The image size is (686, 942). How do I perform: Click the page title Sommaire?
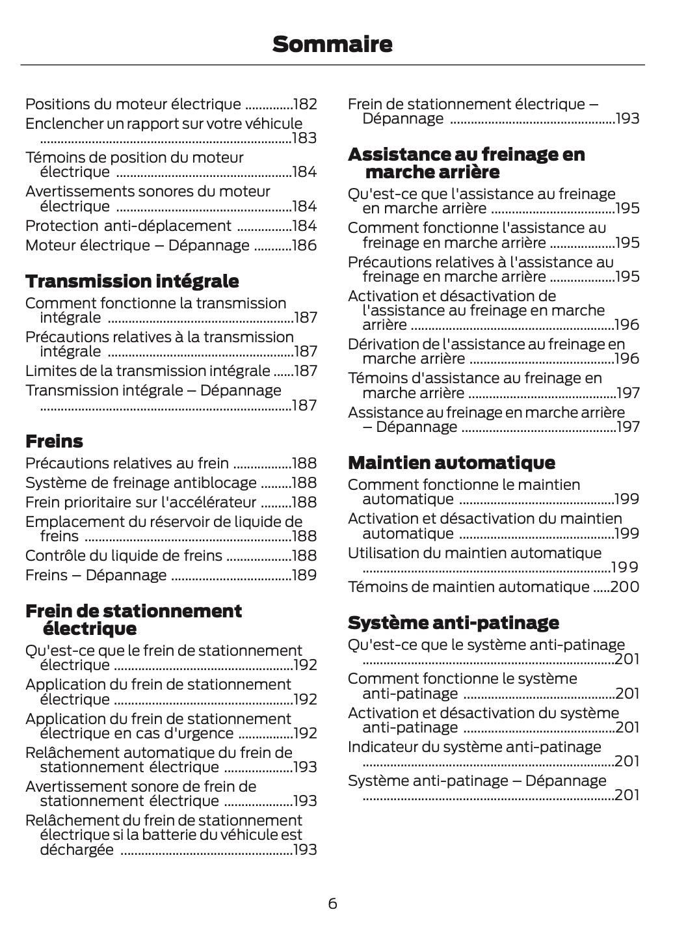click(x=332, y=44)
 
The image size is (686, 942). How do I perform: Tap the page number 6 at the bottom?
click(x=332, y=904)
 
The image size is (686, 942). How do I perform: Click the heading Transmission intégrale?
click(x=132, y=281)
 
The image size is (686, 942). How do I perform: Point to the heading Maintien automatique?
click(x=451, y=463)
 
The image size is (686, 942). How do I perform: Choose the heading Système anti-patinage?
click(x=453, y=623)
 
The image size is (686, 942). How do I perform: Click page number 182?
click(x=304, y=104)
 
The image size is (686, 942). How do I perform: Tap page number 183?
click(x=304, y=138)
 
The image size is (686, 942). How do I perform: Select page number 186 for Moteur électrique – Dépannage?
click(x=304, y=245)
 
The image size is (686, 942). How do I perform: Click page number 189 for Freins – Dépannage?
click(x=304, y=575)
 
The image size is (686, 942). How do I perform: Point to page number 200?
click(x=625, y=587)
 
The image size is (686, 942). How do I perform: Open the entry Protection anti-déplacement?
click(x=128, y=226)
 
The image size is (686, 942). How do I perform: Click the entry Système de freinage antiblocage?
click(x=141, y=483)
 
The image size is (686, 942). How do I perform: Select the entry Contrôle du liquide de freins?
click(x=124, y=556)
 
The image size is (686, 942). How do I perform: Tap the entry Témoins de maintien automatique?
click(x=468, y=587)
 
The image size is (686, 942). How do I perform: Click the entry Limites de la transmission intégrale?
click(x=148, y=371)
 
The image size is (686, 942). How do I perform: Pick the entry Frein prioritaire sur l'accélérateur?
click(x=140, y=502)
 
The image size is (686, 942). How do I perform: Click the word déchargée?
click(x=77, y=850)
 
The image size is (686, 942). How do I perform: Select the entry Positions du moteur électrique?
click(x=133, y=104)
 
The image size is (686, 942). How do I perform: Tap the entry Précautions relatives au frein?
click(x=127, y=463)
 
